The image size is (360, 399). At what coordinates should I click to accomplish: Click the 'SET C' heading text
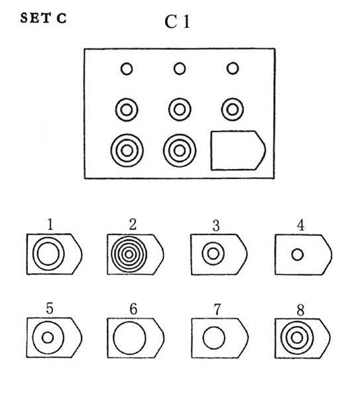click(44, 19)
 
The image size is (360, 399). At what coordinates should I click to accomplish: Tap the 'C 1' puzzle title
click(177, 22)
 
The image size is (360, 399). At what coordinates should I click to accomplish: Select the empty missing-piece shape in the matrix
click(238, 150)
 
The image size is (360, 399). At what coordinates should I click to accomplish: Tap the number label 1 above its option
click(50, 225)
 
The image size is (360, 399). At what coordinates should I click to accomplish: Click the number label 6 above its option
click(133, 309)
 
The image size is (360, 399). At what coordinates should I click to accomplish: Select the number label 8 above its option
click(300, 310)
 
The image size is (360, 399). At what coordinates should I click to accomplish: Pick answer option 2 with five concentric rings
click(135, 255)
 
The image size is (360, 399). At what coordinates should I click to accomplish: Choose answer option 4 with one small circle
click(303, 255)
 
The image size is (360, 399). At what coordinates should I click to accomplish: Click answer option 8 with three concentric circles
click(303, 338)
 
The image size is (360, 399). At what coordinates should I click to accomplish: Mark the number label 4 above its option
click(301, 225)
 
